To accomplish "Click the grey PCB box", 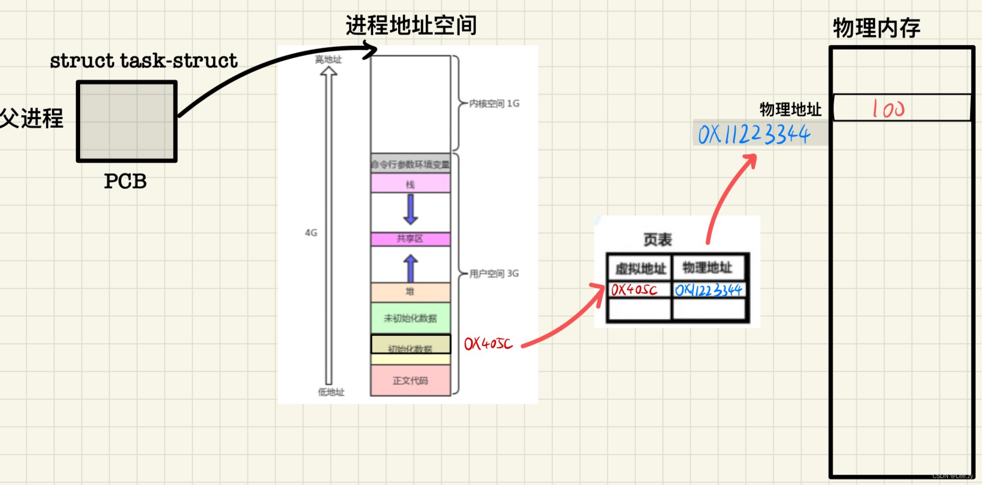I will click(127, 121).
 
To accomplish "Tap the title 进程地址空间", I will click(411, 25).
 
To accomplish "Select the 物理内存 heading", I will click(876, 28).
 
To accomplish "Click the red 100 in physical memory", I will click(888, 109).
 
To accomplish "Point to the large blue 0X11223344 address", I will click(754, 134).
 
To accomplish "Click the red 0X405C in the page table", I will click(634, 290).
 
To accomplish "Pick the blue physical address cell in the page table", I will click(709, 290).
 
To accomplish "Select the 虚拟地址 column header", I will click(640, 268).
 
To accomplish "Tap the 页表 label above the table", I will click(658, 240).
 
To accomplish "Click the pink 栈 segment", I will click(410, 184).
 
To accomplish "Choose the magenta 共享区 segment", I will click(410, 239).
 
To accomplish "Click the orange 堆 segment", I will click(410, 292).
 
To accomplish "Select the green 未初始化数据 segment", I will click(410, 318).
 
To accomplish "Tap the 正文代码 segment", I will click(410, 380).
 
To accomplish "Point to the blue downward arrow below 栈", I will click(410, 209).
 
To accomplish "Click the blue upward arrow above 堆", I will click(410, 268).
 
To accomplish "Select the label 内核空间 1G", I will click(494, 103).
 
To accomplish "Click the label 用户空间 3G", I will click(494, 274).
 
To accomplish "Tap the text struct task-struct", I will click(144, 61).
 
